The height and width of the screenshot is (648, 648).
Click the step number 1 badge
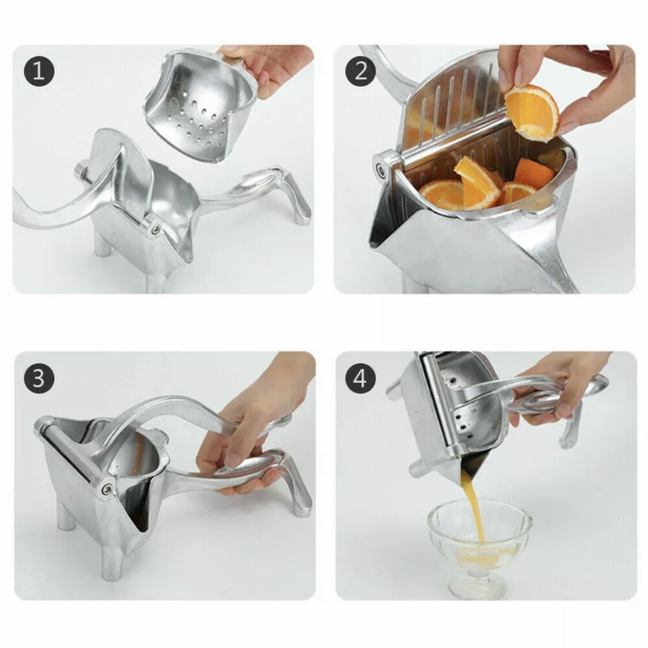pos(39,71)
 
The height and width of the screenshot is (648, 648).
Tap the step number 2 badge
pos(361,71)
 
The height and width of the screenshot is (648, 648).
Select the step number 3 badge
pos(39,378)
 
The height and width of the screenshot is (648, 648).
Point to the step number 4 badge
pos(361,378)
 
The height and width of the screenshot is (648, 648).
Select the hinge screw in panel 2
pos(381,168)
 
